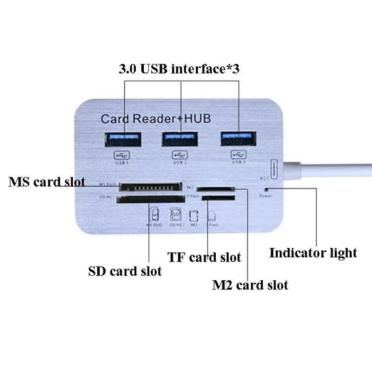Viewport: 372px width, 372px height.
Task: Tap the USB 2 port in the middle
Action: coord(180,139)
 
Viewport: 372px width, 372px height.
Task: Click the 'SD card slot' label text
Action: coord(125,271)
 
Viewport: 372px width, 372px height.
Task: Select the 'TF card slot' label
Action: coord(205,257)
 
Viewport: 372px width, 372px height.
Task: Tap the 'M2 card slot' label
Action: coord(250,285)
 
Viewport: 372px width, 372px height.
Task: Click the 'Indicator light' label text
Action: coord(313,253)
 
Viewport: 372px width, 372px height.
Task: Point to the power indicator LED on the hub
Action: coord(267,188)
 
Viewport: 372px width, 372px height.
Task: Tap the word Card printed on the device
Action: coord(114,118)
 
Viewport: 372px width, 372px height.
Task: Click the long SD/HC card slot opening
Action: coord(150,200)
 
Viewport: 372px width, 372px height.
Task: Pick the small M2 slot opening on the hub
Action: coord(215,188)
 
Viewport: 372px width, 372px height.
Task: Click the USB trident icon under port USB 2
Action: coord(180,154)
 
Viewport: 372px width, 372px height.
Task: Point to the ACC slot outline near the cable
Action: coord(273,168)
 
